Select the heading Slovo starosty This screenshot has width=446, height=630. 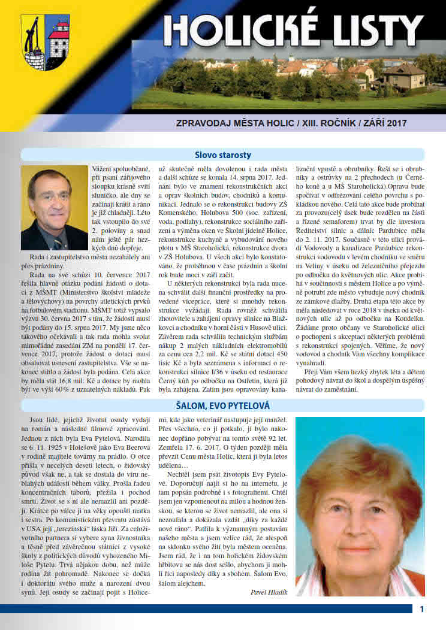coord(222,155)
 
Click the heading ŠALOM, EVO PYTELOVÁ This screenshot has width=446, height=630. coord(222,406)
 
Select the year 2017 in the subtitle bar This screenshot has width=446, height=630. coord(396,123)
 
